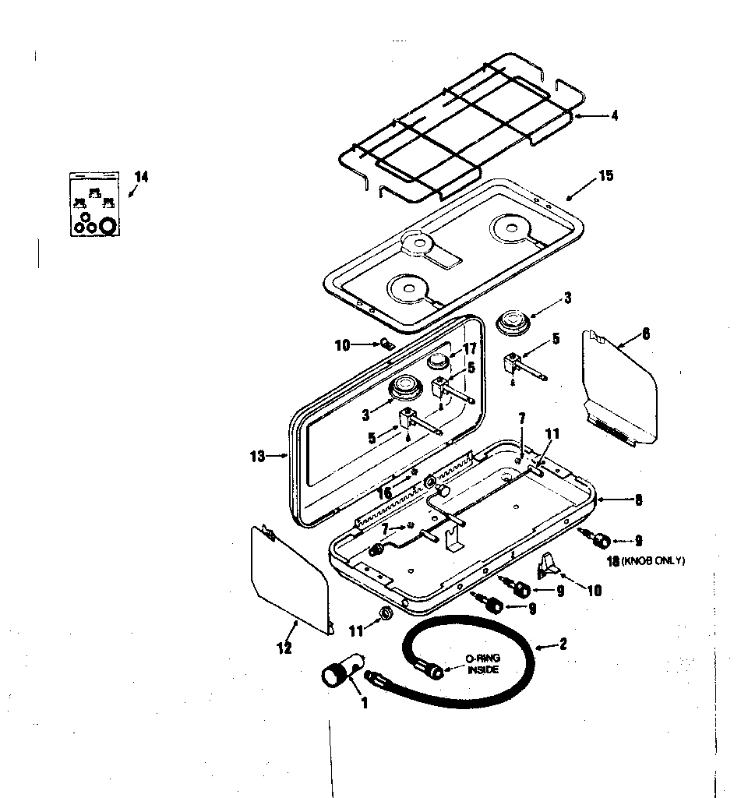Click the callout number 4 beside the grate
[x=614, y=116]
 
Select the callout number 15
[x=605, y=175]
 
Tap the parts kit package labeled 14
[x=90, y=203]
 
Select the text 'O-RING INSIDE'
[x=483, y=664]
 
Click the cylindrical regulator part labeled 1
[x=338, y=673]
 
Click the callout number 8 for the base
[x=638, y=501]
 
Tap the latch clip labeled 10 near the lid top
[x=386, y=344]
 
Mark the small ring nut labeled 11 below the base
[x=384, y=614]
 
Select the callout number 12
[x=284, y=647]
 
